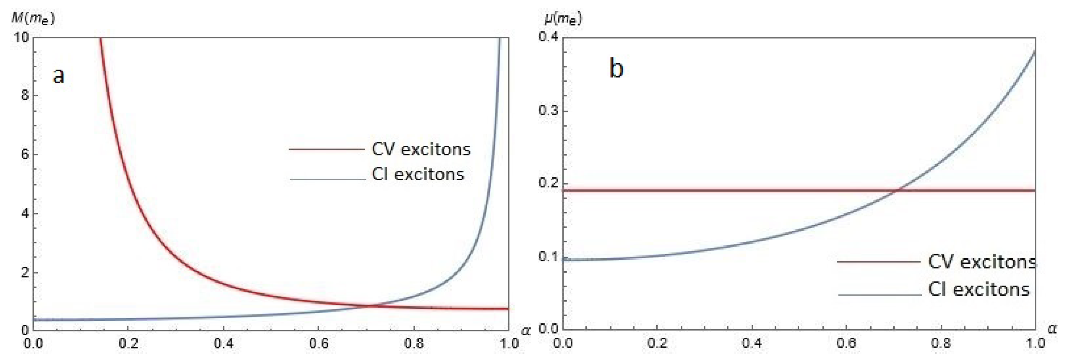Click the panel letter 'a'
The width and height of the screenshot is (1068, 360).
point(59,76)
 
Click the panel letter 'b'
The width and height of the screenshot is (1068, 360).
point(616,68)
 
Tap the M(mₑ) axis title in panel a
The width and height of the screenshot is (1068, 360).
point(32,19)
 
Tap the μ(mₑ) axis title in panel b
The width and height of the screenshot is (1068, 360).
point(563,19)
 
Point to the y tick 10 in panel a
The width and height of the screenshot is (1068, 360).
point(21,37)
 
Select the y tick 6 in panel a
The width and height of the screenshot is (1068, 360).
point(25,155)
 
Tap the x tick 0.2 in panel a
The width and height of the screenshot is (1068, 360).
point(128,344)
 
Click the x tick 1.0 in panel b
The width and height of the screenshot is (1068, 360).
point(1035,344)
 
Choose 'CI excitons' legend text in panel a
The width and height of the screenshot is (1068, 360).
point(418,174)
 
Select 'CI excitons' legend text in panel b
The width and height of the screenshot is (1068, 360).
point(978,289)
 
